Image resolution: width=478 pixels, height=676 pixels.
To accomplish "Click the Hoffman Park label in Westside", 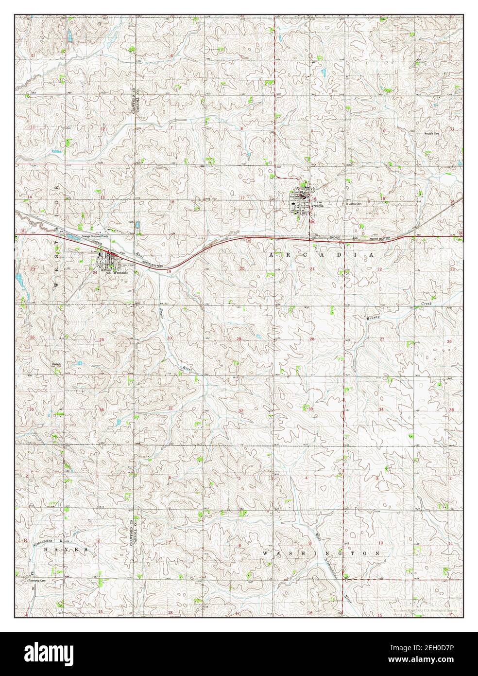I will tap(106, 273).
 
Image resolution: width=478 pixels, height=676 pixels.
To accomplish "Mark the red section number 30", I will tap(170, 338).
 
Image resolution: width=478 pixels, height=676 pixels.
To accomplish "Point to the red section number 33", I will tap(310, 410).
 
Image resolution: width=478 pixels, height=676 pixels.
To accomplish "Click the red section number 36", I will tap(102, 410).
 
